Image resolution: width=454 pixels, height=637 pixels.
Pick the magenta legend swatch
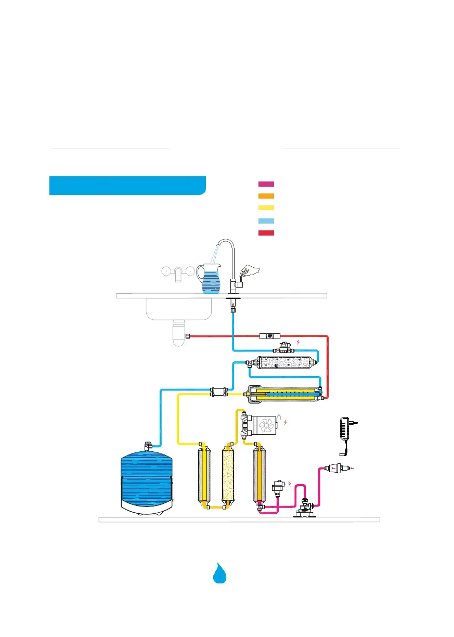pyautogui.click(x=266, y=184)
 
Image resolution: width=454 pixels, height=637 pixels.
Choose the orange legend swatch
pyautogui.click(x=266, y=196)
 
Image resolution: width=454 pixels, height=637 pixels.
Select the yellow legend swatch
pyautogui.click(x=266, y=208)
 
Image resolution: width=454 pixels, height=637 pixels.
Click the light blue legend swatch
pyautogui.click(x=266, y=220)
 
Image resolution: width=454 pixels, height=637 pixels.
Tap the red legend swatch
pyautogui.click(x=266, y=232)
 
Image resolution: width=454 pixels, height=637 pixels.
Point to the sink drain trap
pyautogui.click(x=178, y=333)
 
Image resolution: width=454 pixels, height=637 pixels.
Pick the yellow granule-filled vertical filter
pyautogui.click(x=227, y=473)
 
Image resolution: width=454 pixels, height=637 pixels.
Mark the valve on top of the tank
pyautogui.click(x=148, y=446)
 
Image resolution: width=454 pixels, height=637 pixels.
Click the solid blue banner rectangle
pyautogui.click(x=127, y=186)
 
